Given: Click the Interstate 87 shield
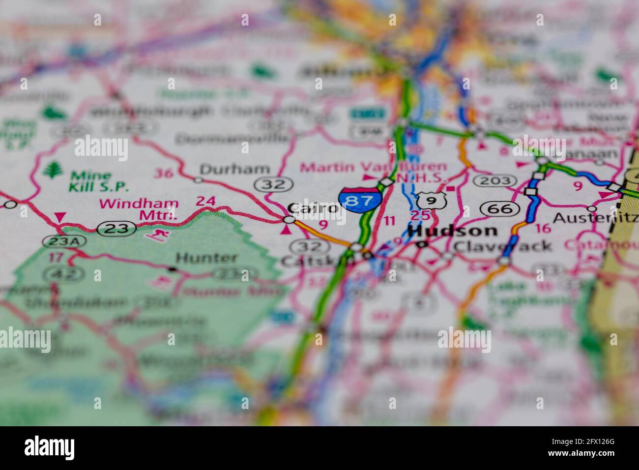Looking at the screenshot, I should pyautogui.click(x=360, y=200).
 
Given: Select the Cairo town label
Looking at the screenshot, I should pyautogui.click(x=313, y=208).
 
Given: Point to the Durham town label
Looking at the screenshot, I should pyautogui.click(x=234, y=169).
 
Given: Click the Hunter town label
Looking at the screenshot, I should pyautogui.click(x=206, y=258).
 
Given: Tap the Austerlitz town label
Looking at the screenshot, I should pyautogui.click(x=595, y=218).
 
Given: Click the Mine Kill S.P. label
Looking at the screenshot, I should pyautogui.click(x=98, y=180).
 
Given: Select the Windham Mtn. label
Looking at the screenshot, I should pyautogui.click(x=139, y=208).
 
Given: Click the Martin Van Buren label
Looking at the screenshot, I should pyautogui.click(x=374, y=167).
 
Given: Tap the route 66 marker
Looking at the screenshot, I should pyautogui.click(x=500, y=208).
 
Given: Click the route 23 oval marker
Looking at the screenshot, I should pyautogui.click(x=116, y=228).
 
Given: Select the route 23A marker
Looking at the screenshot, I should pyautogui.click(x=64, y=241).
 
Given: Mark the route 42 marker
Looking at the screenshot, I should pyautogui.click(x=58, y=274).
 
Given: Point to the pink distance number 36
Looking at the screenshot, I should pyautogui.click(x=164, y=173).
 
